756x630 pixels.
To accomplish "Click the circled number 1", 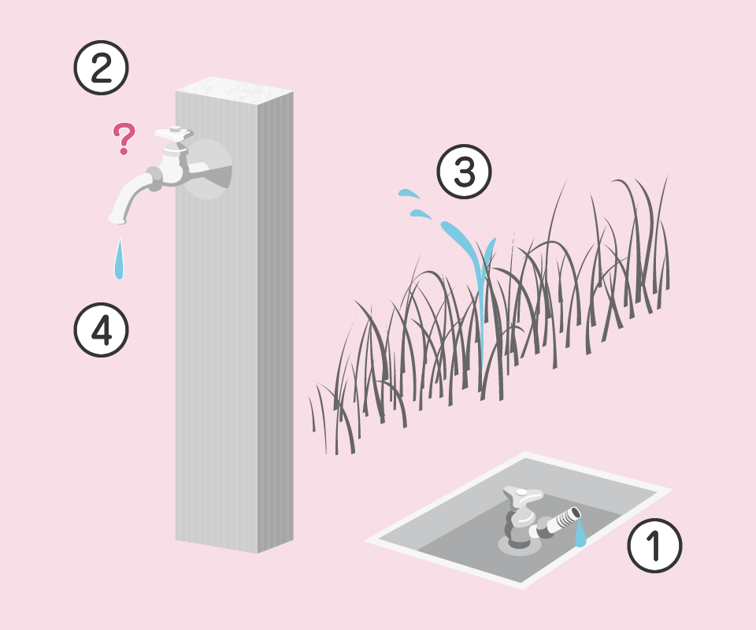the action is click(x=654, y=545).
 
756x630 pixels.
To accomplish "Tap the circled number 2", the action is click(x=102, y=68).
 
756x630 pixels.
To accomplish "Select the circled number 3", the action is click(x=465, y=171).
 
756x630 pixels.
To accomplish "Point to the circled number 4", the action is click(x=102, y=330).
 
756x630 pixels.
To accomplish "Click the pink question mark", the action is click(x=124, y=139).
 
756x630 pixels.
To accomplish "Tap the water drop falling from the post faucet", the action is click(x=119, y=261).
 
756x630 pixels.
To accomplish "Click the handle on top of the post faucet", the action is click(x=174, y=134).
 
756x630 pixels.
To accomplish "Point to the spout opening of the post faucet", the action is click(x=117, y=220).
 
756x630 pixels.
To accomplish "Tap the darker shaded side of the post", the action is click(x=276, y=321).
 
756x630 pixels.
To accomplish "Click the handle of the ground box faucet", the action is click(x=523, y=495).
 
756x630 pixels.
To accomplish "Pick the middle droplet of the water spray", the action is click(x=421, y=214).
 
